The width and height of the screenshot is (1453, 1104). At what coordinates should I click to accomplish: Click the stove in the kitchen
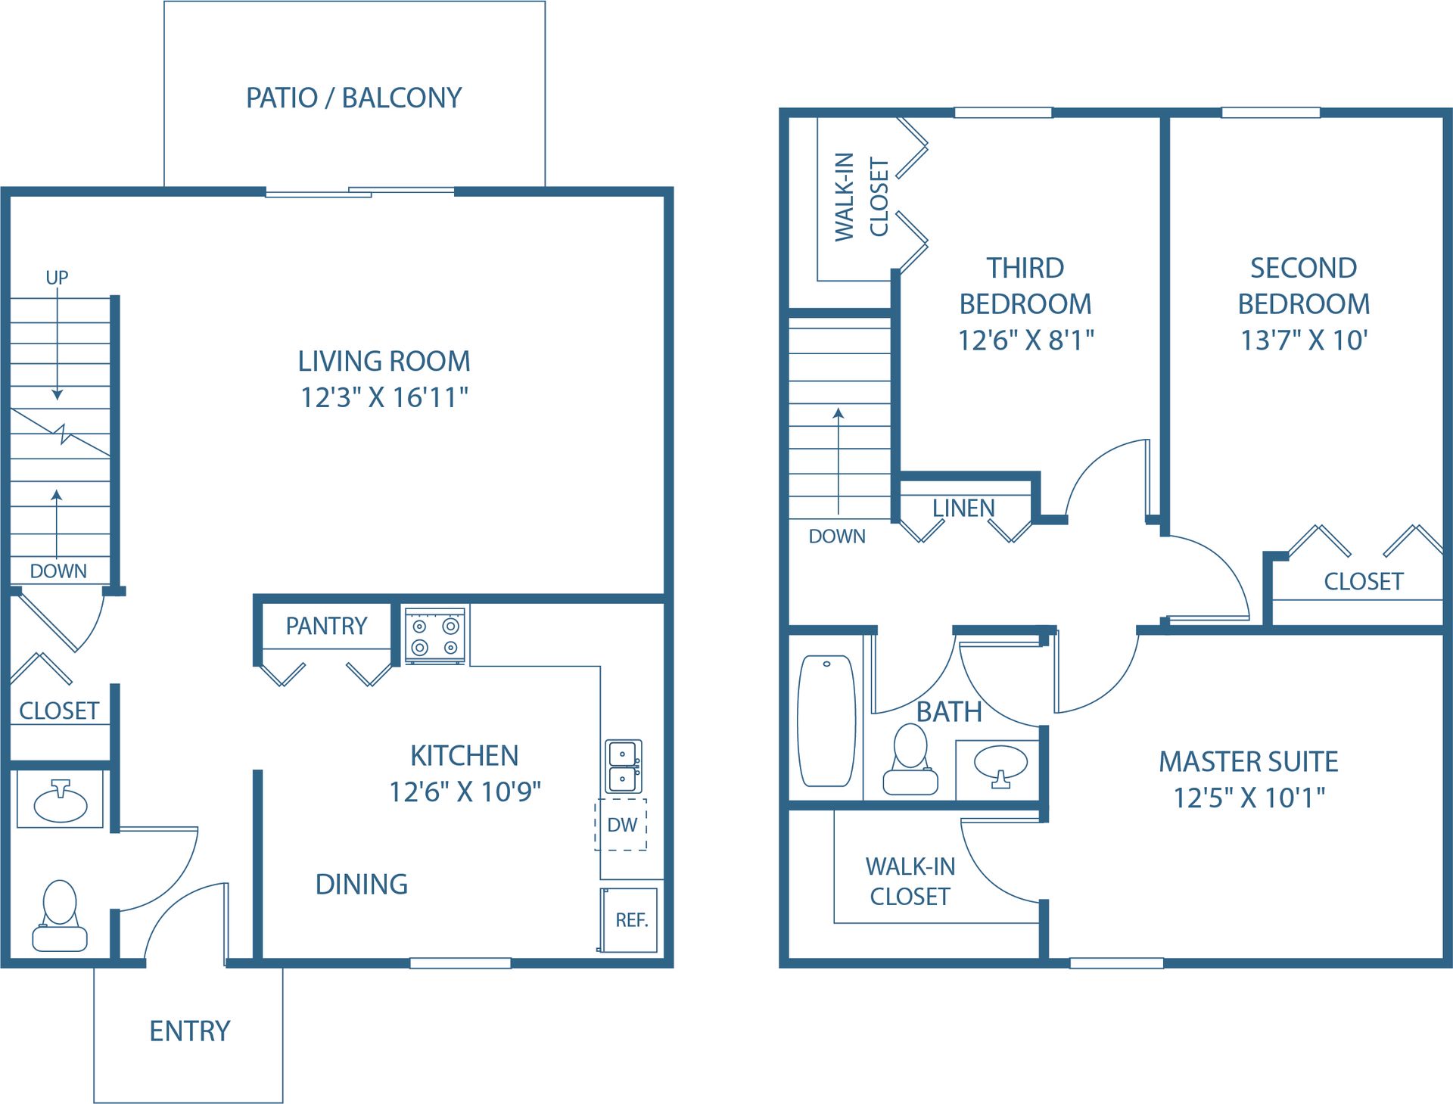435,636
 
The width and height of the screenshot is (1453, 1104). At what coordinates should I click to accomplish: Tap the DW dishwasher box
621,824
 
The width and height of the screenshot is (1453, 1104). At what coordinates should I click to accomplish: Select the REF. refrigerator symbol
629,919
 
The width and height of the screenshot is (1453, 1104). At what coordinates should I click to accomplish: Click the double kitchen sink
624,766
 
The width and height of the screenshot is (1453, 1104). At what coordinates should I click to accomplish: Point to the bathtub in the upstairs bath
826,720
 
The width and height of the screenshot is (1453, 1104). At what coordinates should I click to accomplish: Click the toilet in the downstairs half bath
60,915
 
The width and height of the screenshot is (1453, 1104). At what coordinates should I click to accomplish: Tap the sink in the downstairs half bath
60,800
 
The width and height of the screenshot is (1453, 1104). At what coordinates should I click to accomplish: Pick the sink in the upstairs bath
1000,766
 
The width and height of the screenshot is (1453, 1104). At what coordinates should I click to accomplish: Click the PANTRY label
326,626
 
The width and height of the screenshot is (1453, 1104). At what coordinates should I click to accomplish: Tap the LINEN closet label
963,508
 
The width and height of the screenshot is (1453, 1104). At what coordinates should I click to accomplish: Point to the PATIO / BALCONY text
354,98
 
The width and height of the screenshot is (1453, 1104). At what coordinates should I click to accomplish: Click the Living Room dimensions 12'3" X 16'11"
384,397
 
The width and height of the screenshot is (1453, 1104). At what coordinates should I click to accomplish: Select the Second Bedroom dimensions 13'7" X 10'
1303,340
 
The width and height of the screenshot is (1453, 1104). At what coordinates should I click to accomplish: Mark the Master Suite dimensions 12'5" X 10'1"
1249,798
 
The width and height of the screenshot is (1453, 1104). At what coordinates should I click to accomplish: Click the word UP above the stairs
57,278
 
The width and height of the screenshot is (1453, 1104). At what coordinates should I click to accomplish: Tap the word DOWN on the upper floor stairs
837,536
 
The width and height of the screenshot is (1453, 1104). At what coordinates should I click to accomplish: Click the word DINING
362,884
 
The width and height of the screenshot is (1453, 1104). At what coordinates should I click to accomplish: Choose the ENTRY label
189,1031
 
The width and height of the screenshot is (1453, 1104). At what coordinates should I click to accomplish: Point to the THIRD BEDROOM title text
1025,285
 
